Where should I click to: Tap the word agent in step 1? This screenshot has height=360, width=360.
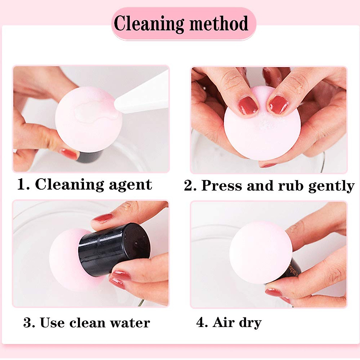click(130, 185)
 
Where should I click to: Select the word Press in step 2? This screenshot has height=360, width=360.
click(222, 186)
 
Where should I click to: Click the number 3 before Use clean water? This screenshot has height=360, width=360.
click(28, 322)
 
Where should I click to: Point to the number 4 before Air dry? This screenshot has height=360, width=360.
click(201, 322)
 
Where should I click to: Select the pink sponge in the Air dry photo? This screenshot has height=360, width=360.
click(261, 255)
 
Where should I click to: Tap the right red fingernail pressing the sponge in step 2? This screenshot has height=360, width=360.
click(278, 105)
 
